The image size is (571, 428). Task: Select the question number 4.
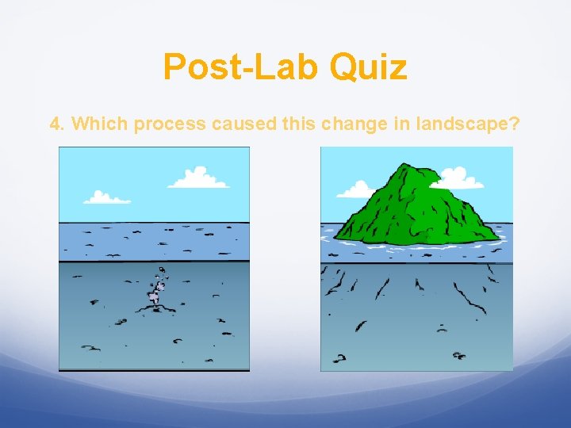(56, 124)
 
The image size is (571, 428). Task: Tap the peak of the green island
(409, 166)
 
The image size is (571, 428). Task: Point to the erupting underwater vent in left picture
(156, 292)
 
